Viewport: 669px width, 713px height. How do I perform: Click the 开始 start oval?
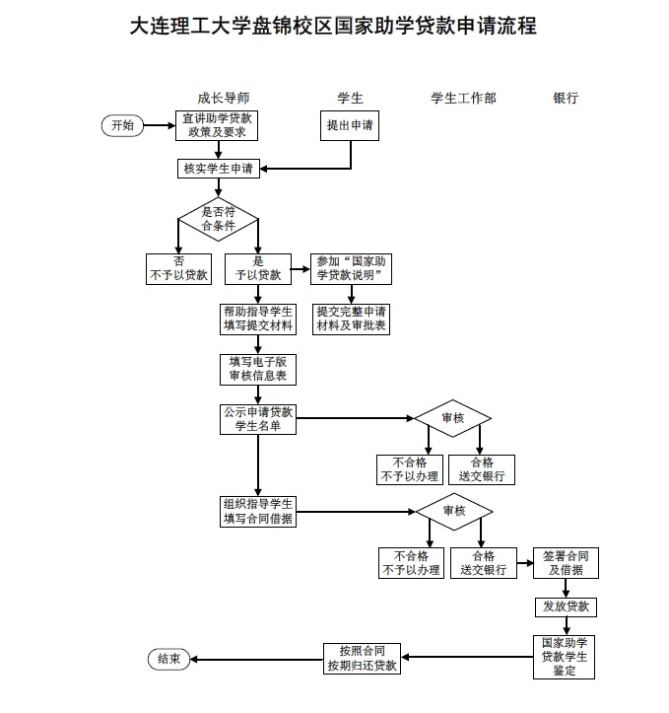coord(122,125)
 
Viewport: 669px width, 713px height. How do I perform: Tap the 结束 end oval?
coord(168,660)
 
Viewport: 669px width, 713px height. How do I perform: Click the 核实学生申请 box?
coord(218,169)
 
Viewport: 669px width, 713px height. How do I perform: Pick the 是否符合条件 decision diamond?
coord(218,218)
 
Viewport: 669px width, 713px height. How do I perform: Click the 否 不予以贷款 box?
coord(177,268)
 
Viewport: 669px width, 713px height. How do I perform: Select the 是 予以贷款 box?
coord(257,268)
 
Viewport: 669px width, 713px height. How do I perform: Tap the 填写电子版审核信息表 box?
coord(257,369)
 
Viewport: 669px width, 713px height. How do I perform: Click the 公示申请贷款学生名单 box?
coord(257,417)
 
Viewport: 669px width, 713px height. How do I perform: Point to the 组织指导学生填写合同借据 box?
coord(257,513)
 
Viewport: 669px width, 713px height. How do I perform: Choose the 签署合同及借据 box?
coord(566,562)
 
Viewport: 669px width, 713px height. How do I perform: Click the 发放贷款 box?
coord(566,606)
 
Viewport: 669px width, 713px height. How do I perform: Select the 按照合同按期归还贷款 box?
coord(363,658)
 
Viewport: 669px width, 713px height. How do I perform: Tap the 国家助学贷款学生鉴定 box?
coord(565,657)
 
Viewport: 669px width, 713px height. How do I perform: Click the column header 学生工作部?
coord(463,99)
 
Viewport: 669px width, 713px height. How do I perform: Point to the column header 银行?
coord(566,99)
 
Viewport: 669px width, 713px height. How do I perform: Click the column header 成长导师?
coord(223,99)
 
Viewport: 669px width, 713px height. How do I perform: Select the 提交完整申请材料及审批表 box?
coord(351,319)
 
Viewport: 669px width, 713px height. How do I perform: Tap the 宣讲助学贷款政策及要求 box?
coord(217,125)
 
